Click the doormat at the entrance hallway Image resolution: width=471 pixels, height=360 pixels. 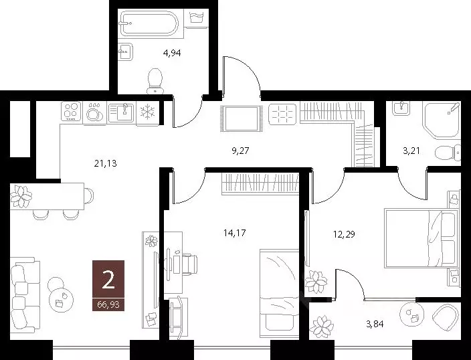tap(242, 118)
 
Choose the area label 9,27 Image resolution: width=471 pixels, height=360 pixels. tap(241, 151)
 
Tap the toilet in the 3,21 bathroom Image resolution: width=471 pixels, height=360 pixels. tap(444, 153)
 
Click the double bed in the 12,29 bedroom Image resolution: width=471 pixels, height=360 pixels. tap(420, 237)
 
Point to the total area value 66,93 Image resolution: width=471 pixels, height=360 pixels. tap(109, 305)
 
